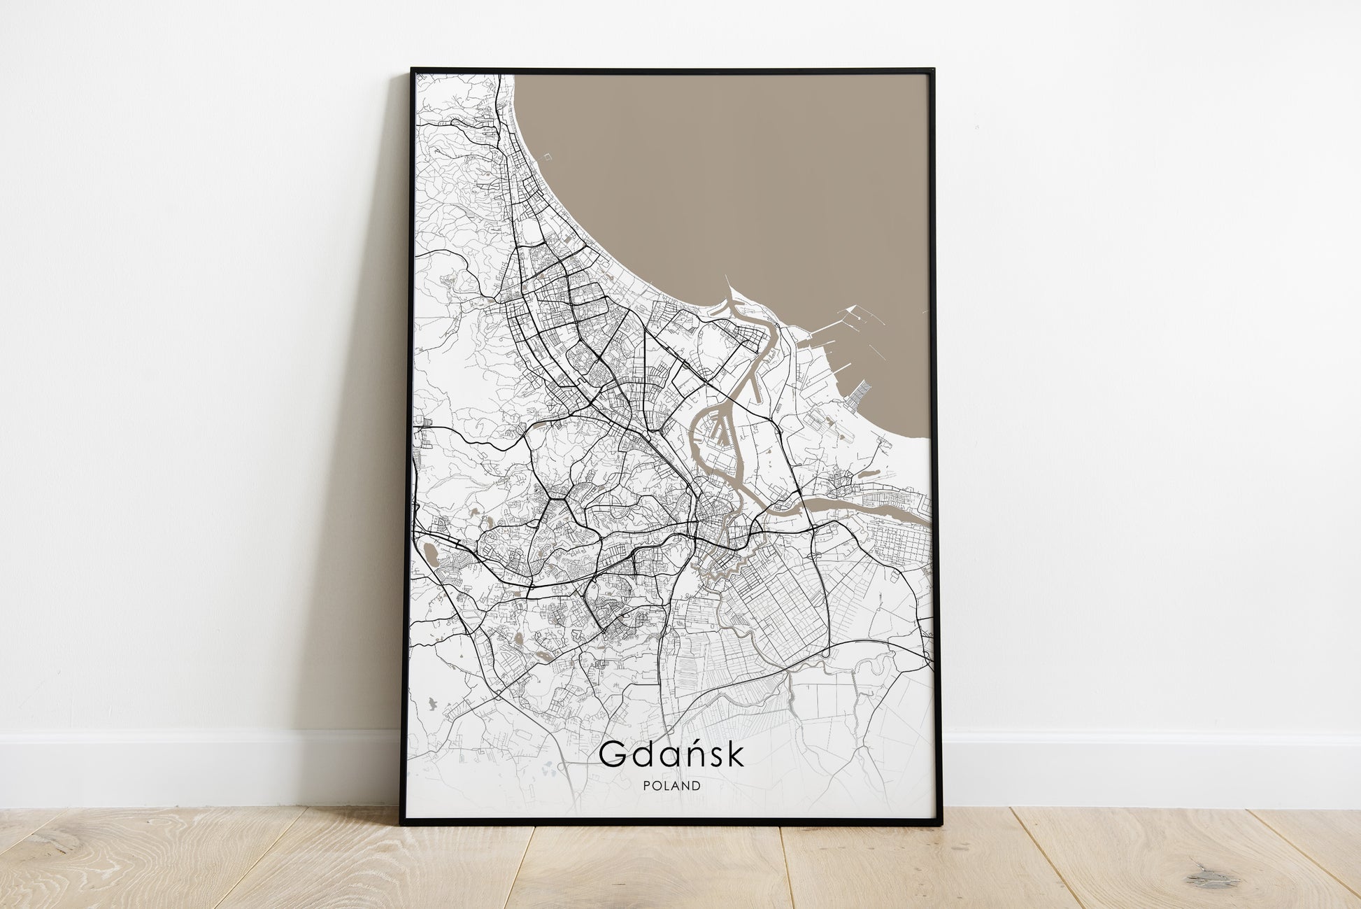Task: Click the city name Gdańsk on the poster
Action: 671,755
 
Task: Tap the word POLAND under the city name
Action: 671,786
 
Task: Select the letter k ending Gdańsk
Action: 735,754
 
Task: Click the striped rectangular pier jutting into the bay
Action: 859,395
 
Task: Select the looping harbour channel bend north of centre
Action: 769,329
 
